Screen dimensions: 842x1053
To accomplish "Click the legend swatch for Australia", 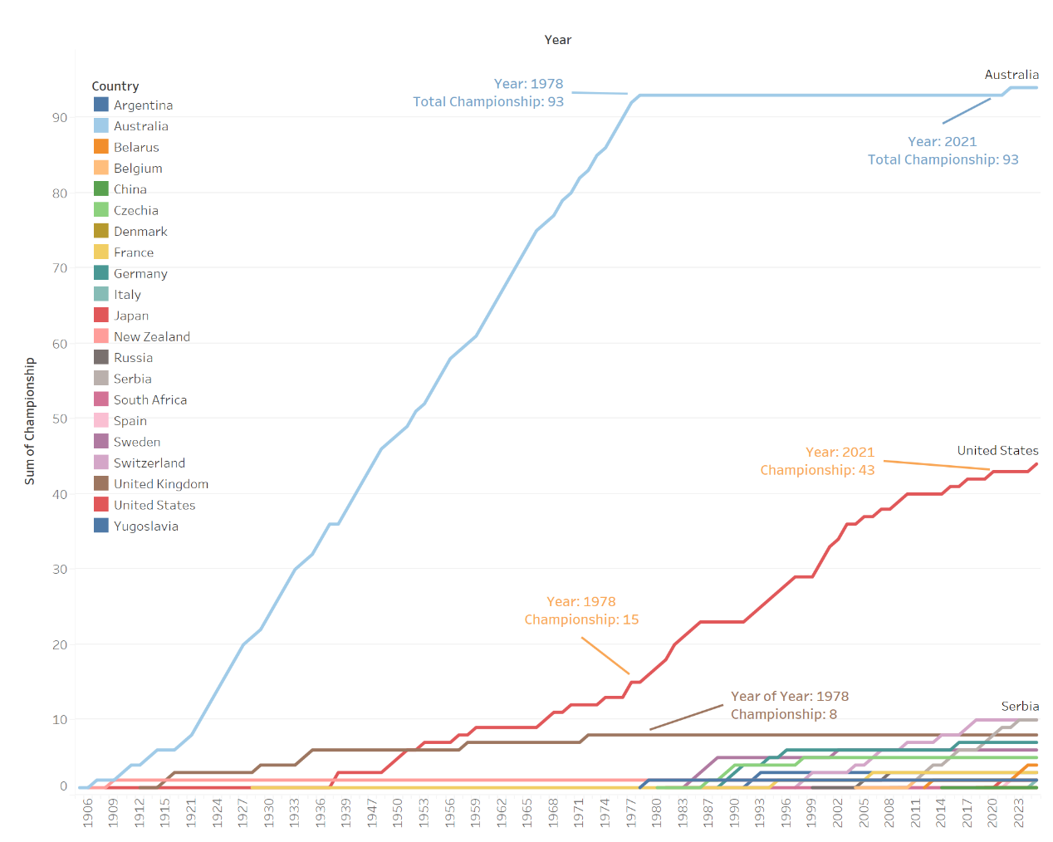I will pos(101,126).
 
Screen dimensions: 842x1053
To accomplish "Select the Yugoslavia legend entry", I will pos(146,526).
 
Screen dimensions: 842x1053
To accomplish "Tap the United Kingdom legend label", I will pos(161,484).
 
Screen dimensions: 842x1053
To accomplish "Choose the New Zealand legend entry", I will pos(152,337).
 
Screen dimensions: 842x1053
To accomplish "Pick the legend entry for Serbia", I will pos(133,379).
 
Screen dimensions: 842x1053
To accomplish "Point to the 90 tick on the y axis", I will pos(60,118).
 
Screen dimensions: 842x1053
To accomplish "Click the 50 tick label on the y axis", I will pos(60,419).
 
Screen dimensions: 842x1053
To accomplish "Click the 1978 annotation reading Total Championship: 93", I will pos(488,101).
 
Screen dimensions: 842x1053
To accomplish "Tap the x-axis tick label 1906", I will pos(88,812).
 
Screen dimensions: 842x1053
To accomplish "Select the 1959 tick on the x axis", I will pos(476,812).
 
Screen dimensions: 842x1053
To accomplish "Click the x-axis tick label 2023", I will pos(1019,812).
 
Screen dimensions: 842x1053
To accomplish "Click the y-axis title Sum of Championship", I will pos(30,421).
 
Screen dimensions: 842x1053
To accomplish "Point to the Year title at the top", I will pos(558,40).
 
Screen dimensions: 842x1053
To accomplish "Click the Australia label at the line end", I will pos(1011,75).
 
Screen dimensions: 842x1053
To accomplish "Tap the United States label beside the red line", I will pos(997,451).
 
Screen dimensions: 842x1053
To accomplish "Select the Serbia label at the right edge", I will pos(1020,707).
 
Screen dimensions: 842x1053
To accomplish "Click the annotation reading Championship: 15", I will pos(581,619).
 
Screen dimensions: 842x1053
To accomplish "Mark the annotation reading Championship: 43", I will pos(817,470).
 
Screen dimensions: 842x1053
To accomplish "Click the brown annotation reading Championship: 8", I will pos(784,714).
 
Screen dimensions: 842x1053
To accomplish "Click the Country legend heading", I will pos(115,86).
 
